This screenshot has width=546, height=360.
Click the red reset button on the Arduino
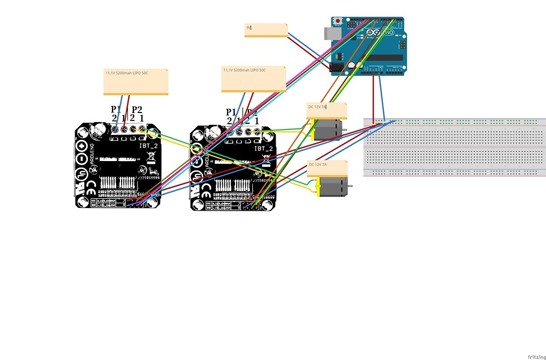coord(338,21)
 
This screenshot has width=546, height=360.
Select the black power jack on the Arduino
coord(336,67)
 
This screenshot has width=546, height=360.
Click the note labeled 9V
coord(266,30)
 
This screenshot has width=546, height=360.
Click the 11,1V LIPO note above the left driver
coord(136,81)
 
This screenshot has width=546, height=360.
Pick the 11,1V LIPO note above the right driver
coord(254,79)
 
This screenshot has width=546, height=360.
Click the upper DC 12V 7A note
coord(326,110)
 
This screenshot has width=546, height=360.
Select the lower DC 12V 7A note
coord(326,168)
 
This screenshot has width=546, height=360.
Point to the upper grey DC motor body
coord(327,130)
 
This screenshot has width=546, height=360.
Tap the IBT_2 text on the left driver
coord(149,145)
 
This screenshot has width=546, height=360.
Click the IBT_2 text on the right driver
coord(264,149)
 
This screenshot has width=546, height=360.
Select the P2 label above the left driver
coord(137,109)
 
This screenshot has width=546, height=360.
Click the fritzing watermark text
coord(536,356)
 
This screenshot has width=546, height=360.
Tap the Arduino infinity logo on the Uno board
coord(374,33)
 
